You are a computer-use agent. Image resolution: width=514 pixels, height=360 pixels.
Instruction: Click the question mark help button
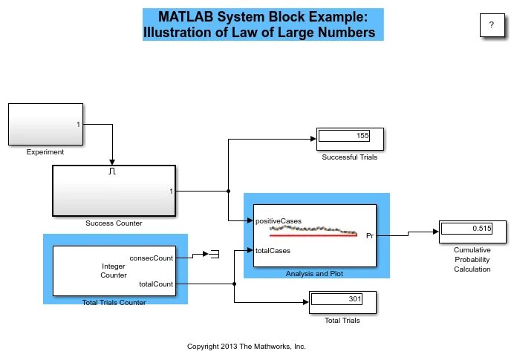pyautogui.click(x=490, y=25)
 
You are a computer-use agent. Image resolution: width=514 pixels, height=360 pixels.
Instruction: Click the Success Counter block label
pyautogui.click(x=114, y=223)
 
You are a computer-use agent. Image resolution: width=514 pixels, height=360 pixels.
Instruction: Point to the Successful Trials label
pyautogui.click(x=350, y=157)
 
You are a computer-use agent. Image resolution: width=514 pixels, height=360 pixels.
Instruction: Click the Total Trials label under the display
pyautogui.click(x=342, y=321)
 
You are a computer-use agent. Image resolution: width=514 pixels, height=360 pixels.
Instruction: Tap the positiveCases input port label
pyautogui.click(x=278, y=221)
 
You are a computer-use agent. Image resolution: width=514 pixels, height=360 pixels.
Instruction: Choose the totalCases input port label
pyautogui.click(x=273, y=251)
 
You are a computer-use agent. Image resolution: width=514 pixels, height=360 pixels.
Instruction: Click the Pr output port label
pyautogui.click(x=370, y=236)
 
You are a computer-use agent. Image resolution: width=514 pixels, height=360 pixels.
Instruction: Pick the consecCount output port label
pyautogui.click(x=151, y=258)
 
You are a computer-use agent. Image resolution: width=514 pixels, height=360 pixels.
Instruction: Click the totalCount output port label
pyautogui.click(x=155, y=284)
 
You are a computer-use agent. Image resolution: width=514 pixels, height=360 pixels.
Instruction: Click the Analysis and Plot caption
pyautogui.click(x=314, y=273)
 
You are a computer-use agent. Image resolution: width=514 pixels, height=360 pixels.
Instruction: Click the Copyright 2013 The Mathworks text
pyautogui.click(x=247, y=346)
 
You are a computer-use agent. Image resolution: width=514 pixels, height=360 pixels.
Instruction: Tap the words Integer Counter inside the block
pyautogui.click(x=114, y=270)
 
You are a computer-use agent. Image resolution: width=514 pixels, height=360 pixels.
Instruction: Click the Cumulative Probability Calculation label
pyautogui.click(x=472, y=260)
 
